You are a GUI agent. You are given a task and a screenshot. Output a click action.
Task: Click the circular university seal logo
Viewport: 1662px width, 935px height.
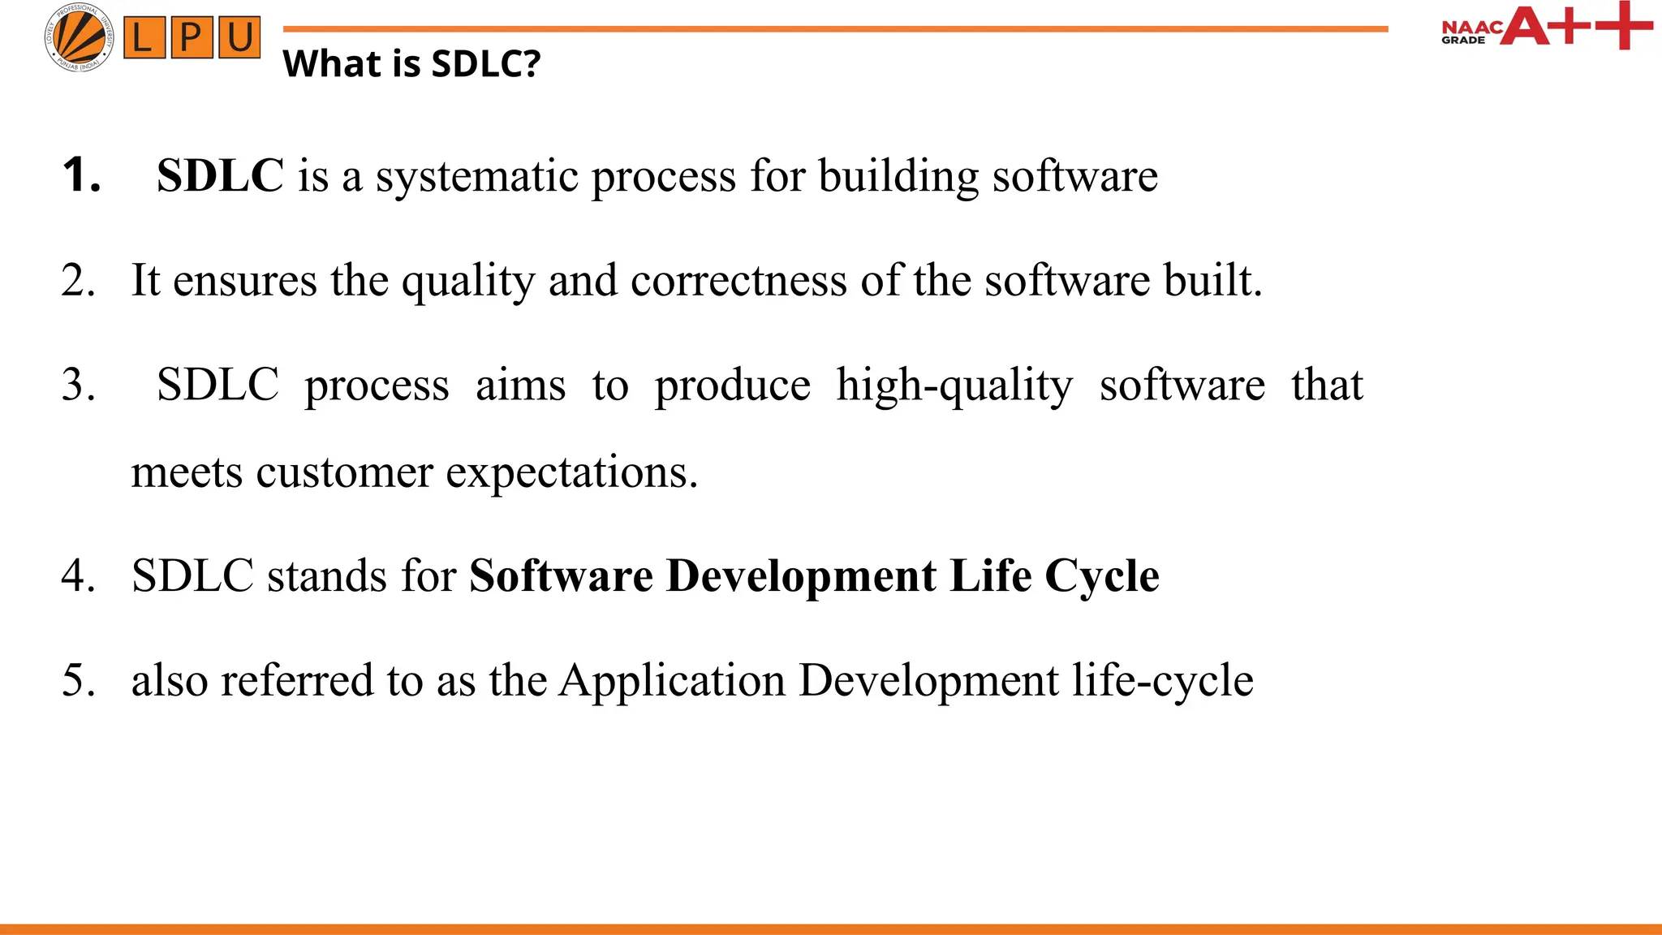[x=79, y=37]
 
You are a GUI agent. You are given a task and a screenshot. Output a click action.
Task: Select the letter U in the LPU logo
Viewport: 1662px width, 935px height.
[x=239, y=37]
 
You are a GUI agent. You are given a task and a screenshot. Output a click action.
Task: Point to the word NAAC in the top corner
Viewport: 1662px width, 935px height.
[x=1470, y=28]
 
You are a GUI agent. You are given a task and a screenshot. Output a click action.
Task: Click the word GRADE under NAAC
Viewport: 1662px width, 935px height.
[x=1463, y=41]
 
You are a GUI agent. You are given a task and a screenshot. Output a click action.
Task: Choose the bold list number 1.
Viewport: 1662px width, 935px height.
[x=80, y=175]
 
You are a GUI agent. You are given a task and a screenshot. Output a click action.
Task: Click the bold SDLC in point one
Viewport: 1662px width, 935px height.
[x=220, y=175]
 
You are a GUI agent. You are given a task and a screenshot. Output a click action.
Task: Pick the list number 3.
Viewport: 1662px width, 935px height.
[x=78, y=385]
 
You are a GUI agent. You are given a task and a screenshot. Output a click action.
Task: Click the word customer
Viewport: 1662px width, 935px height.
[x=344, y=472]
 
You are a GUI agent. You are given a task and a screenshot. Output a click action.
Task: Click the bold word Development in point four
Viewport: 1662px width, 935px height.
[x=801, y=576]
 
